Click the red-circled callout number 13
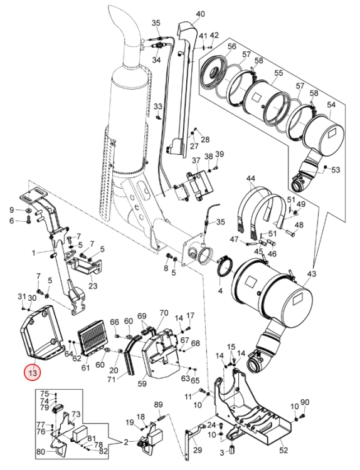coord(33,373)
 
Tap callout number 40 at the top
coord(201,14)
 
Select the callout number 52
coord(283,450)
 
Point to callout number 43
coord(312,274)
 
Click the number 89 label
coord(159,405)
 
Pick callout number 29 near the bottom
coord(198,450)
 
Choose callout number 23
coord(93,286)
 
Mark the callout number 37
coord(196,160)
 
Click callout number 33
coord(158,107)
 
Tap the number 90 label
coord(305,402)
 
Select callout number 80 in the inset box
coord(41,451)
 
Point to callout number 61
coord(85,367)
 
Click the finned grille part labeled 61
coord(91,337)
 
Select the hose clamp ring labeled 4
coord(225,266)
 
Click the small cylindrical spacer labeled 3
coord(231,449)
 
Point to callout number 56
coord(232,46)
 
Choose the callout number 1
coord(34,253)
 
